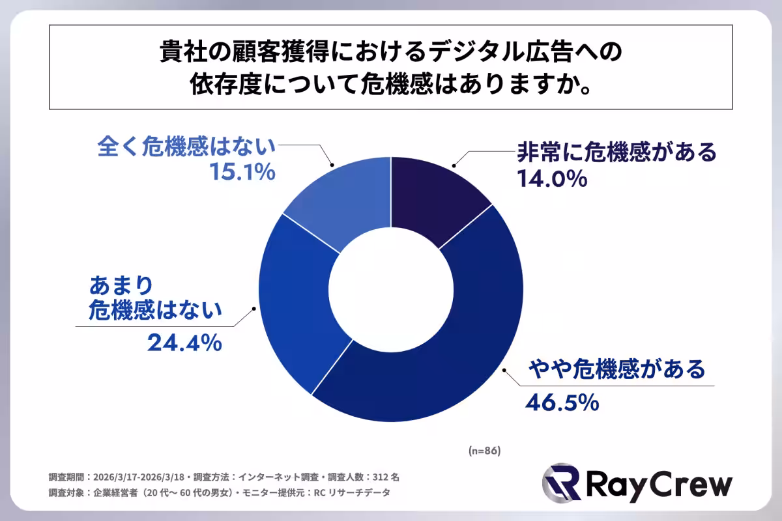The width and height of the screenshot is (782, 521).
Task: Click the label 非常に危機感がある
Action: pos(616,152)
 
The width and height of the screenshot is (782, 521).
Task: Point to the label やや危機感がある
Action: pos(616,369)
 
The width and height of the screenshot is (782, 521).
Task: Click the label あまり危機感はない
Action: pos(154,300)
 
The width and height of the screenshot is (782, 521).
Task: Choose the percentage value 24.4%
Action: pos(184,343)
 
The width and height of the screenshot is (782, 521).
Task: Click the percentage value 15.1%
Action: pos(242,173)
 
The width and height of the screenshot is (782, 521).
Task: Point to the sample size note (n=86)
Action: pos(484,451)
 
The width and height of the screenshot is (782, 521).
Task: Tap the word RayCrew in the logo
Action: pos(658,486)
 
